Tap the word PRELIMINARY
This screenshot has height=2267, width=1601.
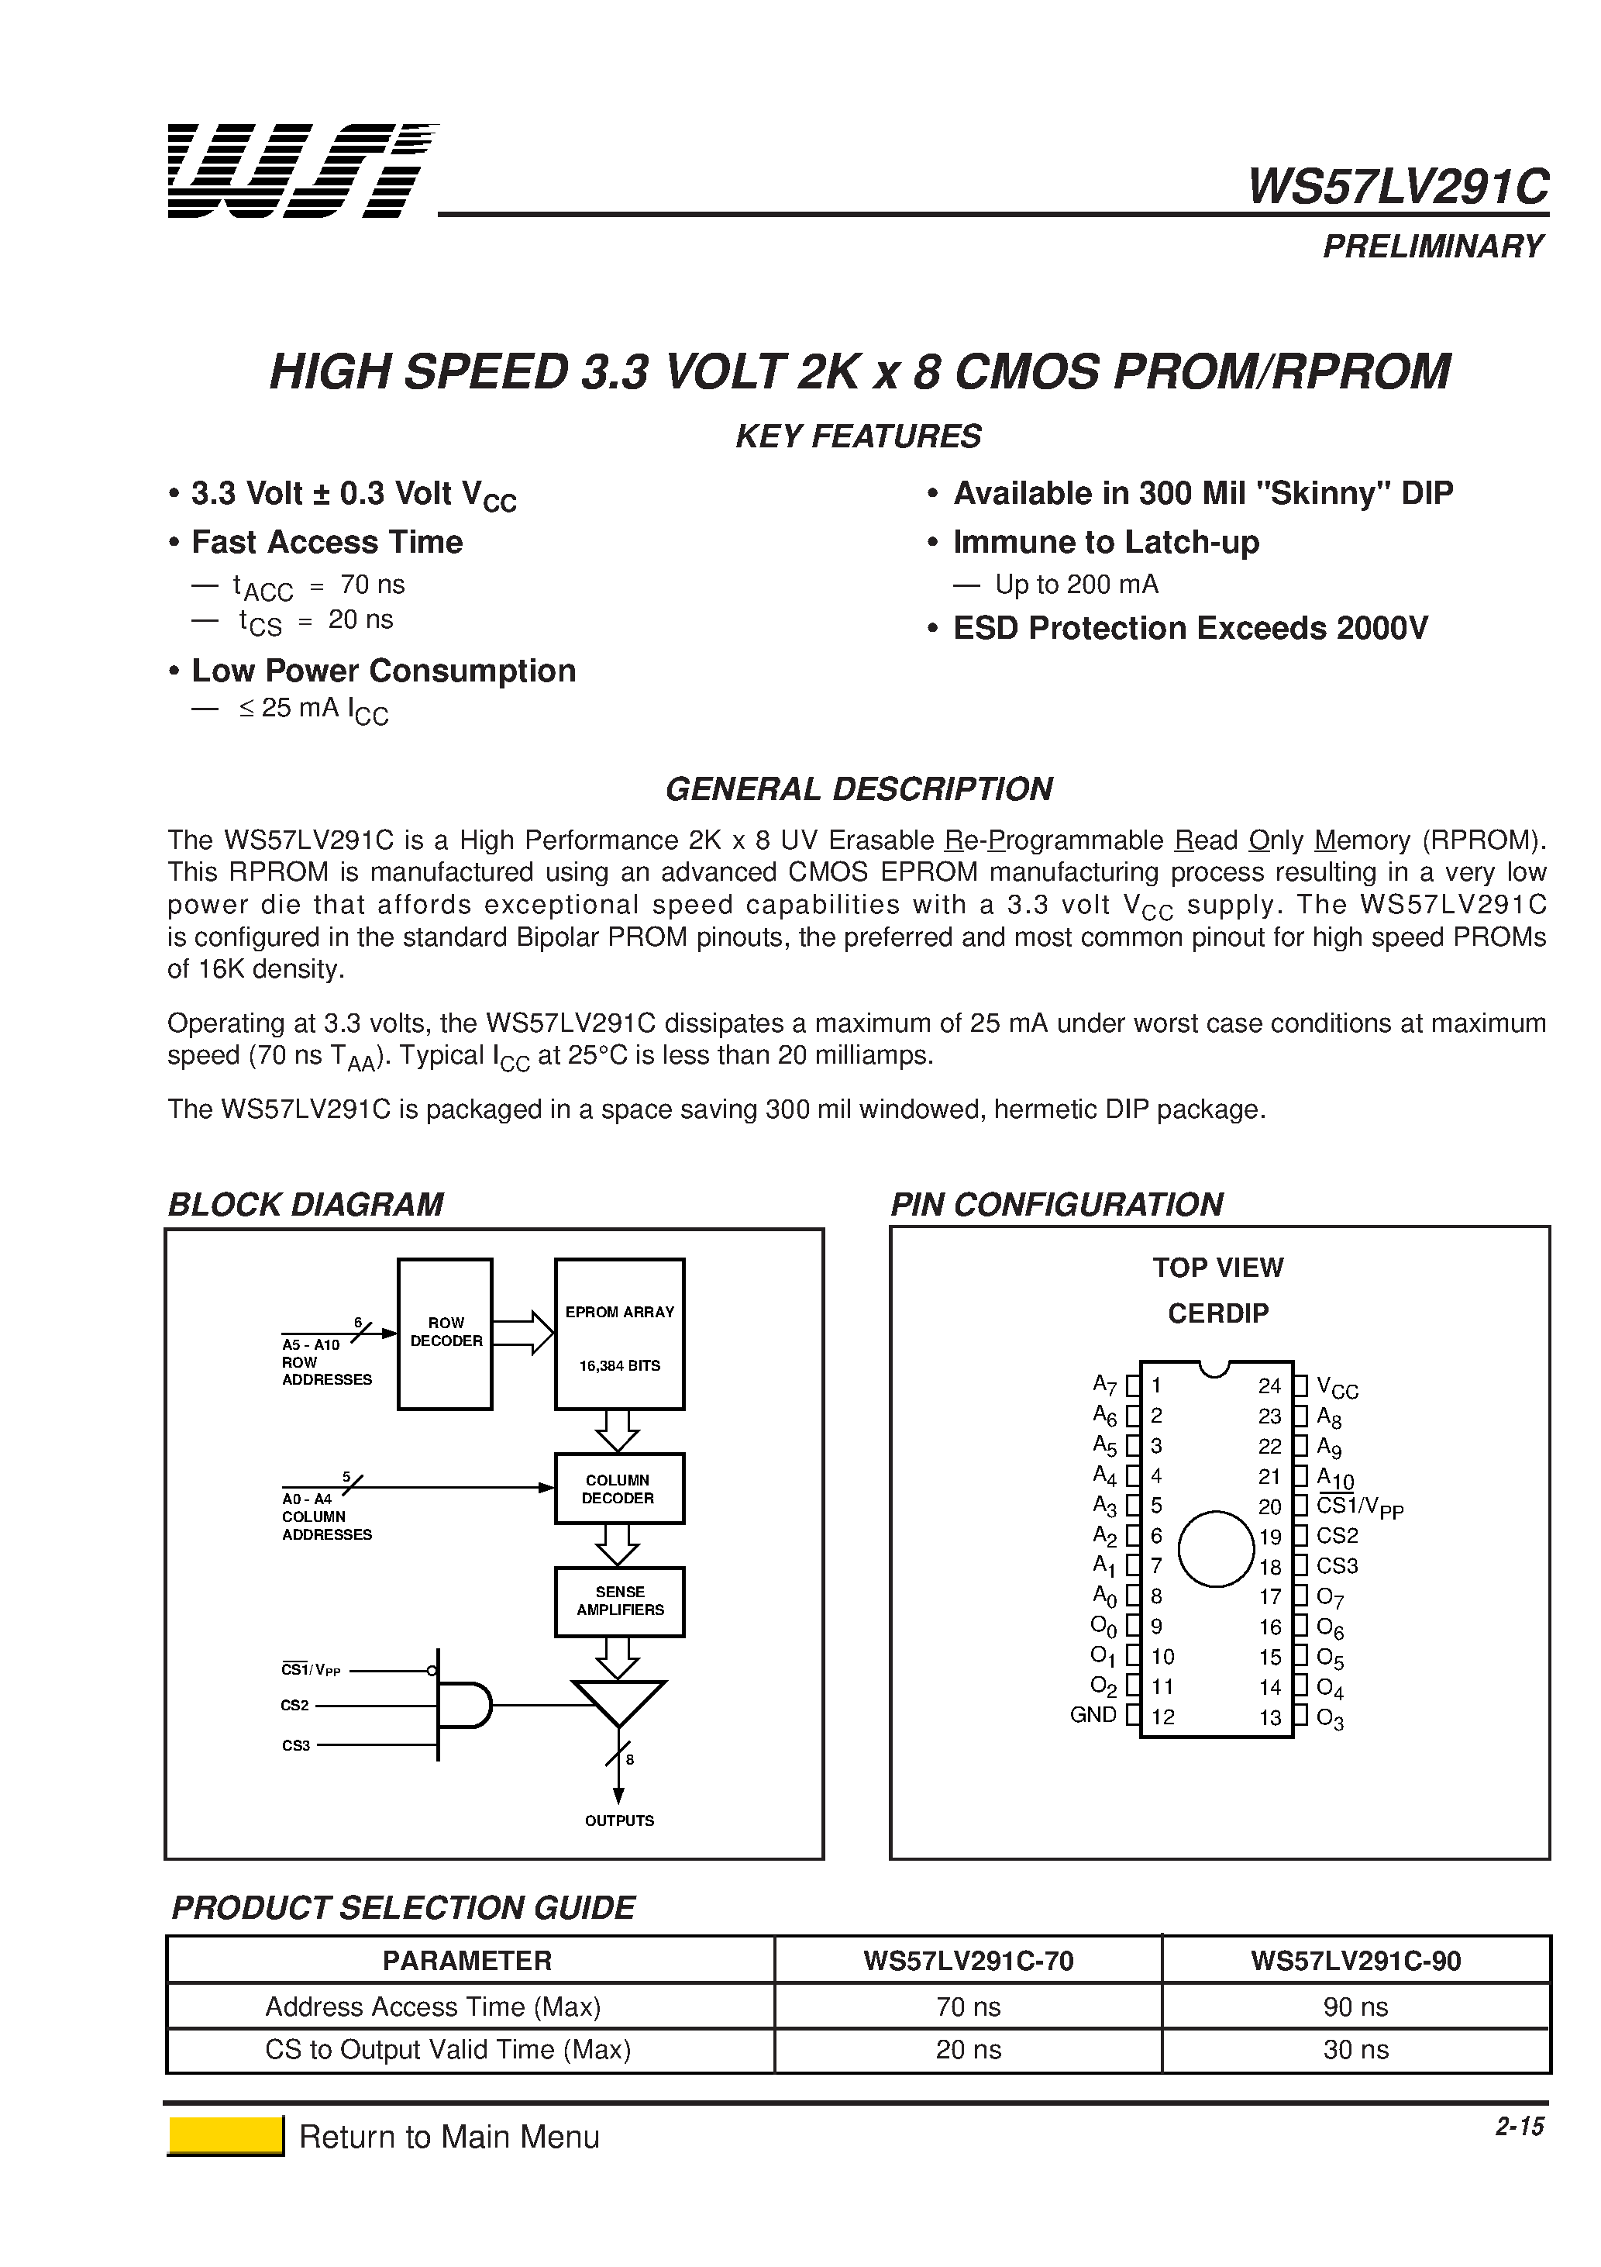pyautogui.click(x=1432, y=246)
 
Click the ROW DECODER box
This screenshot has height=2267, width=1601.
pyautogui.click(x=445, y=1333)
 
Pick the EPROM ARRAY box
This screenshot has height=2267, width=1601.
pyautogui.click(x=619, y=1333)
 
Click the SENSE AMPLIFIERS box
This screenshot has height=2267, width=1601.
pyautogui.click(x=619, y=1600)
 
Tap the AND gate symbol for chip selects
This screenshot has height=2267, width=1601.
pyautogui.click(x=462, y=1705)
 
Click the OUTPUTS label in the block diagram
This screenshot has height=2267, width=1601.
pyautogui.click(x=619, y=1820)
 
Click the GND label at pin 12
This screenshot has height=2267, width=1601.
pyautogui.click(x=1093, y=1715)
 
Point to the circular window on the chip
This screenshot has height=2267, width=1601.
pyautogui.click(x=1216, y=1548)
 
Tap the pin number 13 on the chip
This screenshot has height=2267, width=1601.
pyautogui.click(x=1269, y=1717)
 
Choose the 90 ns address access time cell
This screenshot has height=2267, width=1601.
pyautogui.click(x=1355, y=2007)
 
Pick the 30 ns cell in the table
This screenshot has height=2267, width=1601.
pyautogui.click(x=1355, y=2050)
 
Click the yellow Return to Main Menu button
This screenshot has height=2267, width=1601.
pyautogui.click(x=226, y=2136)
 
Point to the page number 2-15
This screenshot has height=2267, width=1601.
pyautogui.click(x=1519, y=2126)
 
